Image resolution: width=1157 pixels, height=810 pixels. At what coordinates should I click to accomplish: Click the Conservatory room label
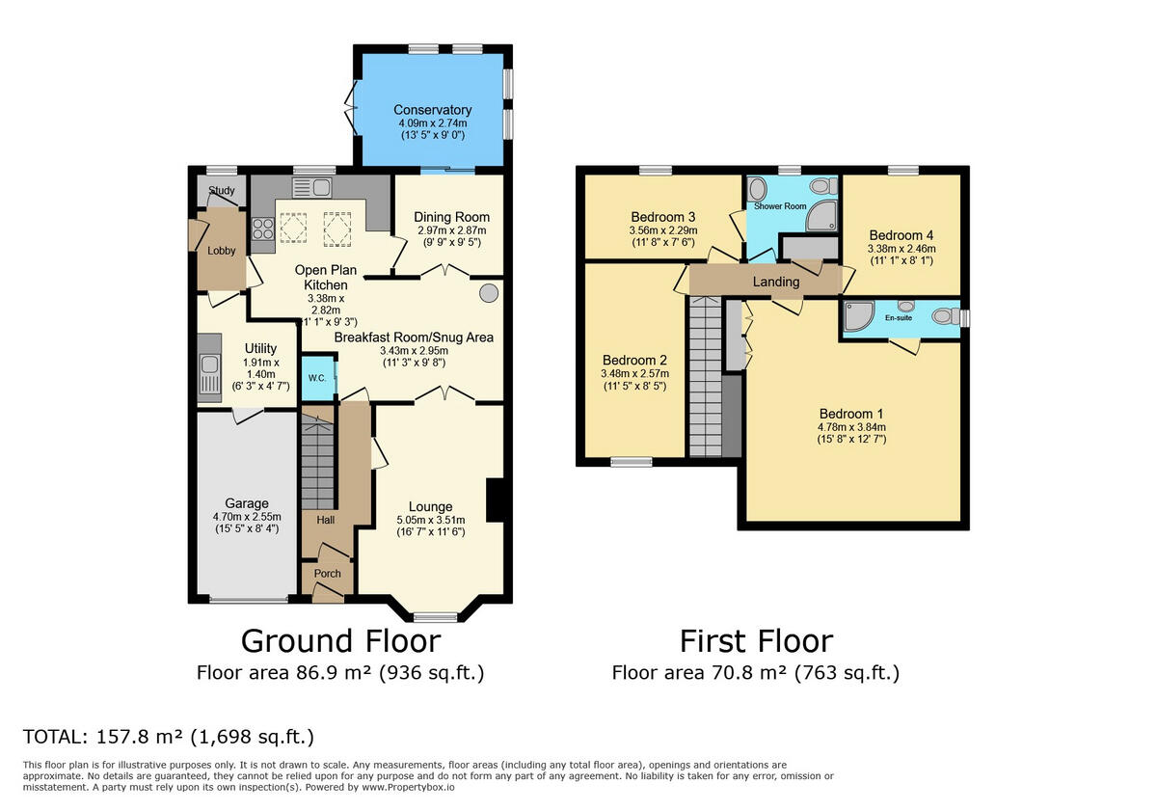click(433, 110)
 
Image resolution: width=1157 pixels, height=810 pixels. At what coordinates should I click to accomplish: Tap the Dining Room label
click(452, 217)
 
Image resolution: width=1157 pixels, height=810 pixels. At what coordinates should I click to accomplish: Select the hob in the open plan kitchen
click(262, 229)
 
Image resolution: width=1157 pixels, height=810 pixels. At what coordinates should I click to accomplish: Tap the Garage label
click(247, 503)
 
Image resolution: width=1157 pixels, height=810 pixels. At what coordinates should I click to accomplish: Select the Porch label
click(328, 573)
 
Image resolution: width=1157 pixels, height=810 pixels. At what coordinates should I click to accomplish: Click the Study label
click(222, 191)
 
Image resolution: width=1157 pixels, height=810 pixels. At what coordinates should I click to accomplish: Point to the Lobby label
click(222, 251)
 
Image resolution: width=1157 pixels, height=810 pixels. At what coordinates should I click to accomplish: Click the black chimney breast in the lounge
click(495, 500)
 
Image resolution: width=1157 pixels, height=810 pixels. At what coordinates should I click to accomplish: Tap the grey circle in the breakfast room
click(489, 291)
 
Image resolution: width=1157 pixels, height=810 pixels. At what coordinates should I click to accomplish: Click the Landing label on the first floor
click(776, 282)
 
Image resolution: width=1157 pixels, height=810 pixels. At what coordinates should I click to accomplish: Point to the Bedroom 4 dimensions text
click(901, 253)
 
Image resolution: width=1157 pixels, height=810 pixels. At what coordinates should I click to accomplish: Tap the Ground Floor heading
click(340, 640)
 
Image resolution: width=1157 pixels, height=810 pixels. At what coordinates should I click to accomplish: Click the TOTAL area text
click(169, 738)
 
